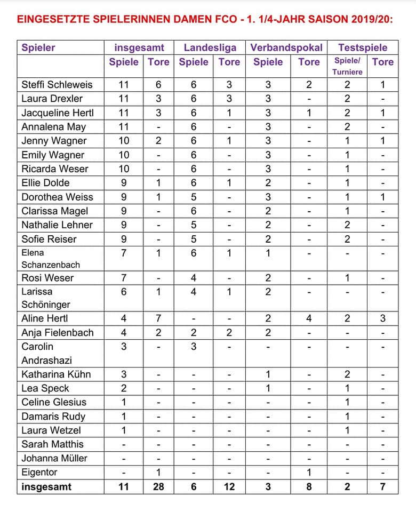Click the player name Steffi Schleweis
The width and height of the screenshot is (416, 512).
pyautogui.click(x=57, y=84)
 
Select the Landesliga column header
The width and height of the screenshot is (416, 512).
pyautogui.click(x=210, y=47)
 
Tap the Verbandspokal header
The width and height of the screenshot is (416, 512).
pyautogui.click(x=286, y=47)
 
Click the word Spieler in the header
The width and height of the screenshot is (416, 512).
pyautogui.click(x=38, y=47)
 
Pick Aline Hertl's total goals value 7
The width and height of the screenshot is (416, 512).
pyautogui.click(x=158, y=318)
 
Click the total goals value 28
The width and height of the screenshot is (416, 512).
pyautogui.click(x=158, y=486)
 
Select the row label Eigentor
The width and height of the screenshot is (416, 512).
pyautogui.click(x=39, y=472)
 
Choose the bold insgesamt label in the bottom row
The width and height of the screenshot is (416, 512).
pyautogui.click(x=46, y=486)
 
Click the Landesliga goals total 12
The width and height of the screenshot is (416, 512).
pyautogui.click(x=229, y=486)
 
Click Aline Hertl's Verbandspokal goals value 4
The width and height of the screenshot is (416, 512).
pyautogui.click(x=309, y=318)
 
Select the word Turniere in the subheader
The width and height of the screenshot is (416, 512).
pyautogui.click(x=347, y=71)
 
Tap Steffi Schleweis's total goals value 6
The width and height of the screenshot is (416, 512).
pyautogui.click(x=158, y=84)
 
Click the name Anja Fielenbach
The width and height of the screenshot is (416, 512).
pyautogui.click(x=57, y=332)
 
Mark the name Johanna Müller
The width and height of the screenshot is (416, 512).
pyautogui.click(x=54, y=458)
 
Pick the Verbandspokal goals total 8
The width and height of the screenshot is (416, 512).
pyautogui.click(x=309, y=486)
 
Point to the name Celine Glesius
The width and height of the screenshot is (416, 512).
pyautogui.click(x=54, y=402)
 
